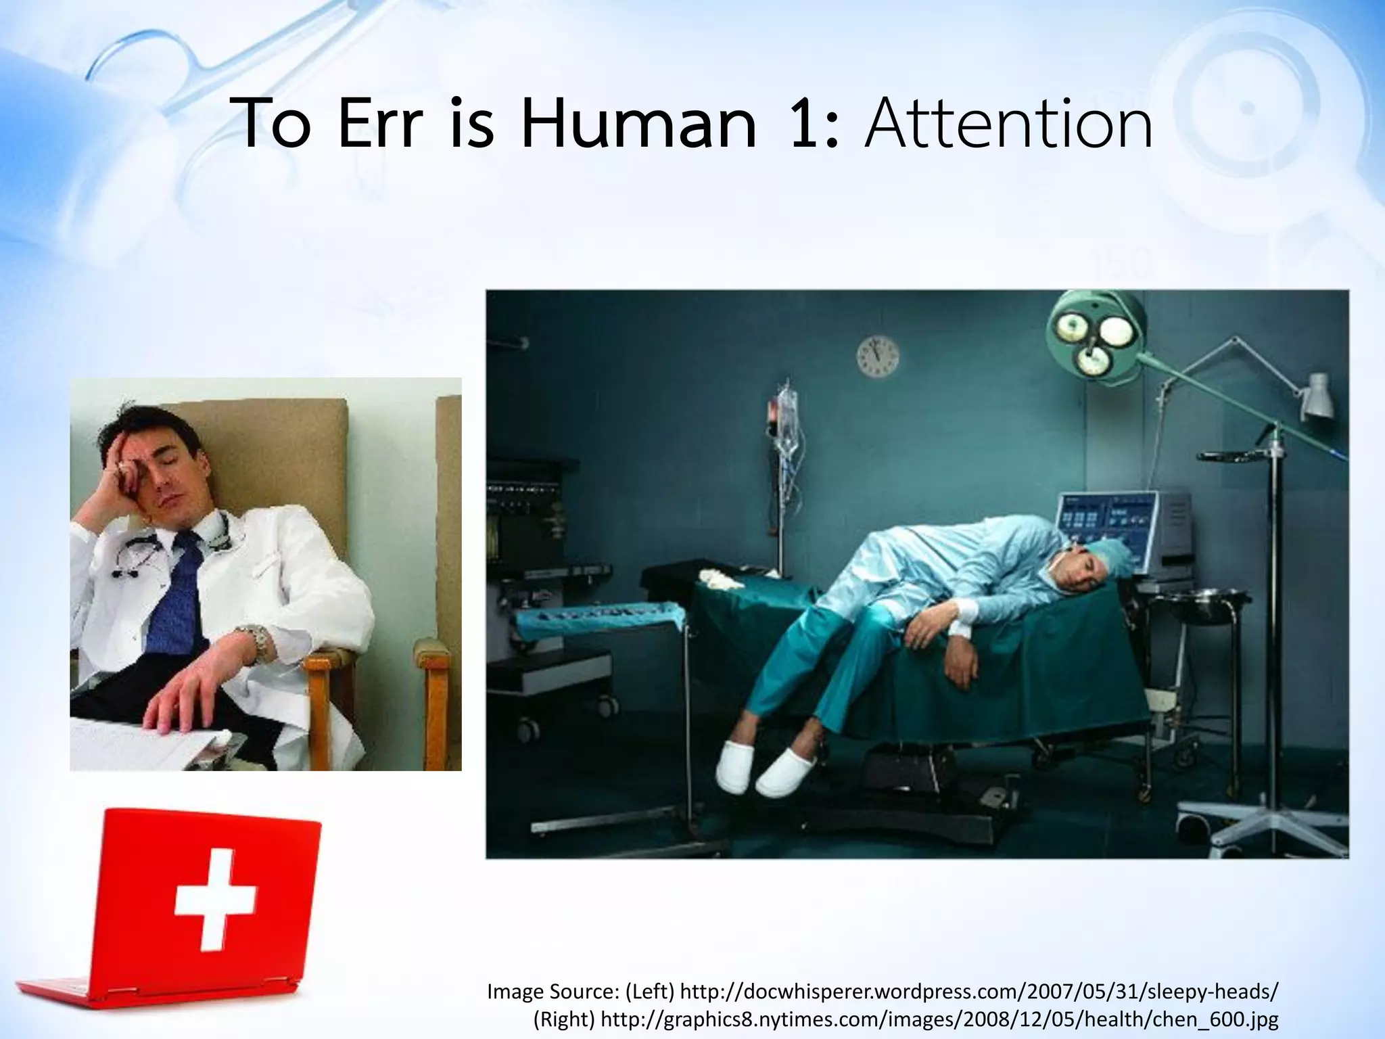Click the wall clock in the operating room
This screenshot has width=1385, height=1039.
(878, 356)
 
